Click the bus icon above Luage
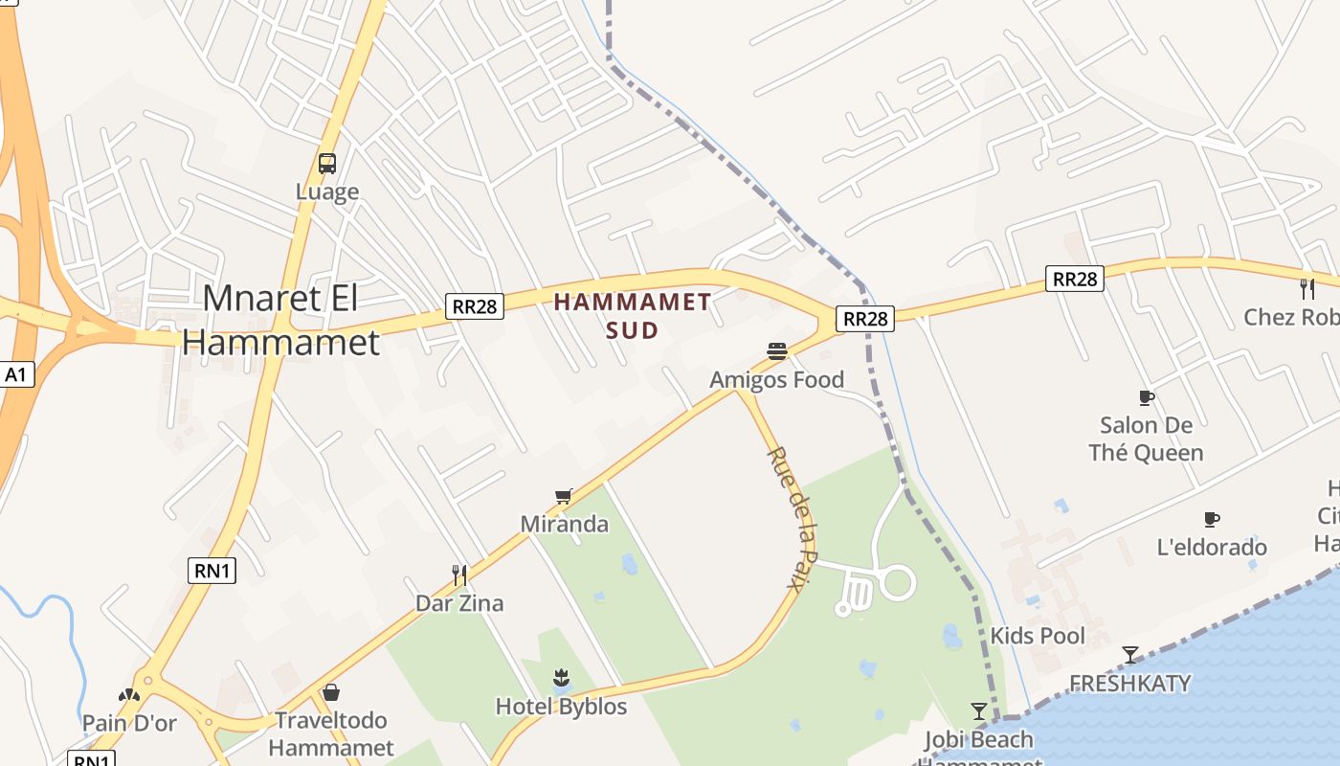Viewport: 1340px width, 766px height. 327,164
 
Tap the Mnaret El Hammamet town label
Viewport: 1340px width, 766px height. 280,320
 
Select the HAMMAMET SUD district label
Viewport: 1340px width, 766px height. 633,316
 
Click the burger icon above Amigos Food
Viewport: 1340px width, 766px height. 777,352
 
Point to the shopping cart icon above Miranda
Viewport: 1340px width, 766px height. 564,496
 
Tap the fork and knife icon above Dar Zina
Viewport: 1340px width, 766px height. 459,574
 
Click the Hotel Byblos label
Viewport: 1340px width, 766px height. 561,707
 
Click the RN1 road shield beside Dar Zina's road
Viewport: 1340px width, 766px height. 212,571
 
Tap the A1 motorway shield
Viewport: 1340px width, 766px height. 15,374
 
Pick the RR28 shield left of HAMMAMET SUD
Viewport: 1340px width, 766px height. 475,306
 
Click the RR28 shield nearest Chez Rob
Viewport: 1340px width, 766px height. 1074,279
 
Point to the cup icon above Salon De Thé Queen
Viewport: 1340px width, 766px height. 1146,397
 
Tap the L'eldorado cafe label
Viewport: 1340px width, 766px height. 1212,548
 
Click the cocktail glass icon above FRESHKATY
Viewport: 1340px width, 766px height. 1130,655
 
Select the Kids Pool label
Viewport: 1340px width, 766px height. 1038,636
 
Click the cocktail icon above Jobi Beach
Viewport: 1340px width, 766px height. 978,711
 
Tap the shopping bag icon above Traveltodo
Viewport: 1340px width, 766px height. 331,691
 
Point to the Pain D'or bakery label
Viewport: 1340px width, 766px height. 129,723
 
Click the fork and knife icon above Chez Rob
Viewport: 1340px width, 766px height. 1307,288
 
